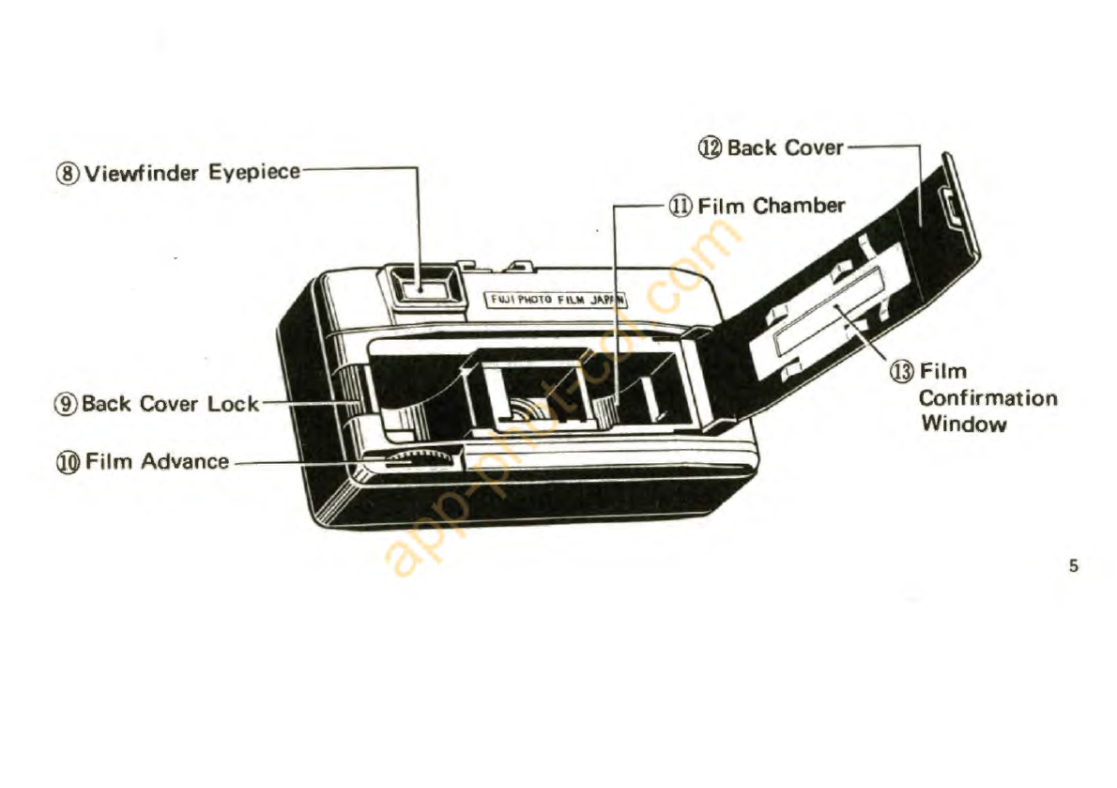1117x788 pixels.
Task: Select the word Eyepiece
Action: click(x=253, y=173)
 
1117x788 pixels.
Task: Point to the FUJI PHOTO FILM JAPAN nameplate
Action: click(x=556, y=301)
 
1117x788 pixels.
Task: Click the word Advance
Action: click(x=184, y=461)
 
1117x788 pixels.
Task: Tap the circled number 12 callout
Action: click(x=711, y=147)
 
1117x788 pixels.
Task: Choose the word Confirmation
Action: click(x=987, y=397)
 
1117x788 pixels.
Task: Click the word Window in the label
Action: click(x=963, y=423)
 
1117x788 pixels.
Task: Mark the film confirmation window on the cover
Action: click(x=826, y=317)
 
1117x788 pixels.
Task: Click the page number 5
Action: click(x=1073, y=566)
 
